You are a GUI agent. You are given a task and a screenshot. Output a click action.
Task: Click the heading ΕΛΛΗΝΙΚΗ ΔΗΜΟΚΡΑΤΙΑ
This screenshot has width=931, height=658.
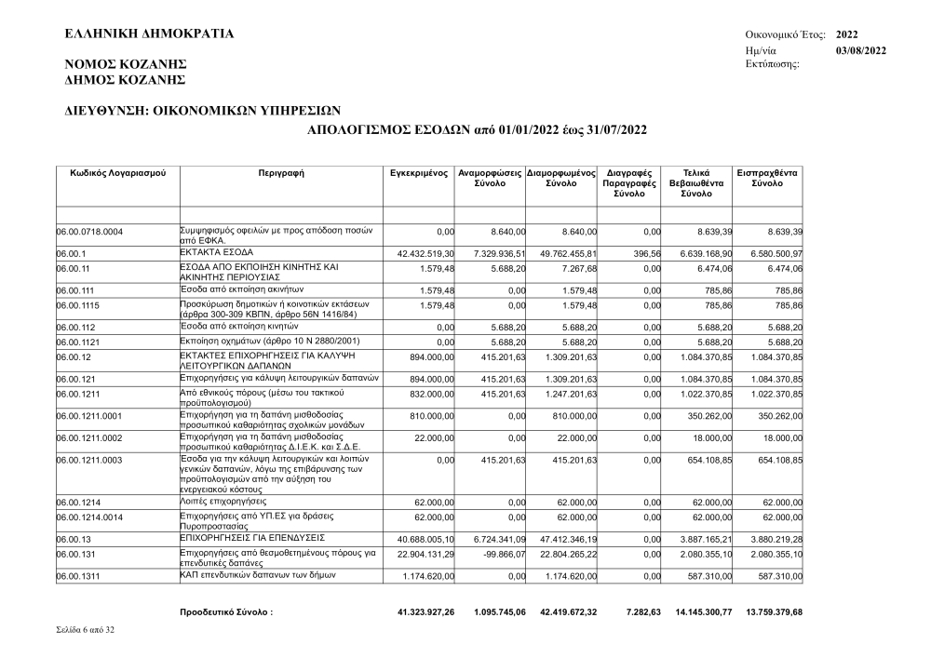coord(149,34)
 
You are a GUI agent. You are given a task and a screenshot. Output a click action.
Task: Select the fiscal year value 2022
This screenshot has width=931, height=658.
coord(848,34)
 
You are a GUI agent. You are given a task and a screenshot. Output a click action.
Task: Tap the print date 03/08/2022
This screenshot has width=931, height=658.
coord(861,49)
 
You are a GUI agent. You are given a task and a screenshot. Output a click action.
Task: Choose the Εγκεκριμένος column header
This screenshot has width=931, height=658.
coord(420,173)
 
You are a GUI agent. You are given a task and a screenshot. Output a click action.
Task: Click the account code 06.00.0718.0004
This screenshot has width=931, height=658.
coord(89,231)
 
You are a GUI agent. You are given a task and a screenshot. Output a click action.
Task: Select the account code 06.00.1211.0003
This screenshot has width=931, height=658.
coord(89,460)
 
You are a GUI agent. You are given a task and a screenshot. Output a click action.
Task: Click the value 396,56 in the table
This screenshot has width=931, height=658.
coord(644,253)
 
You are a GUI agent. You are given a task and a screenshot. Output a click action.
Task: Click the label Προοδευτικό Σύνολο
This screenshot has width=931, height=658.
coord(227,612)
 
